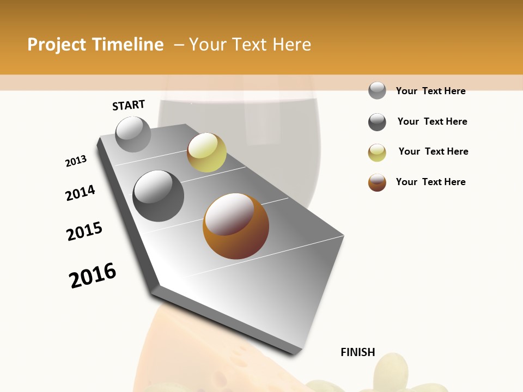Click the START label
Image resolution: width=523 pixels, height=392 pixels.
pyautogui.click(x=129, y=105)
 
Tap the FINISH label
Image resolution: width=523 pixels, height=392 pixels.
pyautogui.click(x=358, y=352)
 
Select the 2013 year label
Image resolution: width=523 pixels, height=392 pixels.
pyautogui.click(x=76, y=161)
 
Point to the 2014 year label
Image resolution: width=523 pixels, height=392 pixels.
pyautogui.click(x=81, y=193)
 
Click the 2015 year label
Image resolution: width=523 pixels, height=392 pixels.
pyautogui.click(x=84, y=231)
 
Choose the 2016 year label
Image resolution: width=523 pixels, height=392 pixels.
pyautogui.click(x=93, y=275)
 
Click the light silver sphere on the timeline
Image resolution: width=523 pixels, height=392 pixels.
pyautogui.click(x=133, y=134)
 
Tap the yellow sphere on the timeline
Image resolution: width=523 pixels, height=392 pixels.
pyautogui.click(x=206, y=152)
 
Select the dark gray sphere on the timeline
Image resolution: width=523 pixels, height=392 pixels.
pyautogui.click(x=159, y=196)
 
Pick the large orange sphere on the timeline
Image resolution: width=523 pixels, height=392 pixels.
pyautogui.click(x=236, y=226)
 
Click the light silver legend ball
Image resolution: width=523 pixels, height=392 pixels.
pyautogui.click(x=377, y=90)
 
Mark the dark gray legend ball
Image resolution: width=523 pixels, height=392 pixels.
pyautogui.click(x=377, y=122)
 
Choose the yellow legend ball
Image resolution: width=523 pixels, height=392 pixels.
pyautogui.click(x=377, y=152)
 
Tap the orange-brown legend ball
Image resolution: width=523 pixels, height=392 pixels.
pyautogui.click(x=377, y=182)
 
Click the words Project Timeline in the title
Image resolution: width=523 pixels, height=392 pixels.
pyautogui.click(x=95, y=45)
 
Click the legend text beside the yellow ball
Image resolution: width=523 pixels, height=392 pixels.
pyautogui.click(x=433, y=151)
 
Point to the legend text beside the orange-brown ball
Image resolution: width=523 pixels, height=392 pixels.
pyautogui.click(x=430, y=182)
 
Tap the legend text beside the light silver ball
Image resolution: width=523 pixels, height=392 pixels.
pyautogui.click(x=430, y=91)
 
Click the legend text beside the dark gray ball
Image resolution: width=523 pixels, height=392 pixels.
pyautogui.click(x=432, y=121)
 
